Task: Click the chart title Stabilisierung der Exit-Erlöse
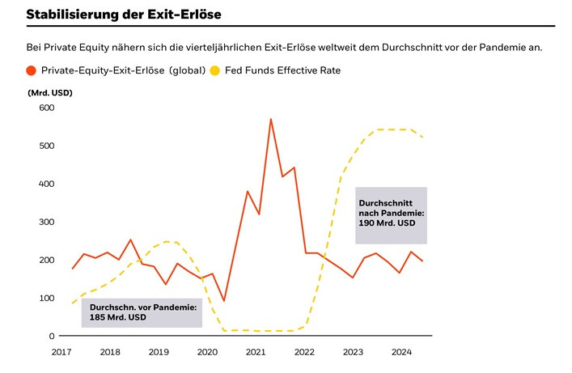click(x=123, y=15)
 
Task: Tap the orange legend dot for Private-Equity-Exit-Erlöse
click(x=32, y=70)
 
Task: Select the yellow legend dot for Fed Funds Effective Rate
click(x=215, y=70)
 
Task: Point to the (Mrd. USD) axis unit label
click(x=49, y=92)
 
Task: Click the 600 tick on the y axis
click(x=45, y=108)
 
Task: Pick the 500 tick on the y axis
click(x=45, y=146)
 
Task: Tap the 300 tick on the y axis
click(x=45, y=222)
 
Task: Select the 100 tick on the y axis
click(x=45, y=298)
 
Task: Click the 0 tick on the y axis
click(x=50, y=336)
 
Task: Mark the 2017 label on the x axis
click(x=61, y=352)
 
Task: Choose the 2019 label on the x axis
click(x=159, y=352)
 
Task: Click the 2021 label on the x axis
click(x=256, y=352)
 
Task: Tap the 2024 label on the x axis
click(x=400, y=352)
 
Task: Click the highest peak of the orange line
click(x=270, y=120)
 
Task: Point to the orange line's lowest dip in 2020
click(x=224, y=301)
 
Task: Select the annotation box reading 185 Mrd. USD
click(x=142, y=312)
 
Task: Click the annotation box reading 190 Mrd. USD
click(x=391, y=215)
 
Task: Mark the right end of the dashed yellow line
click(x=423, y=137)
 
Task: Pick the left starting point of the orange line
click(x=73, y=269)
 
